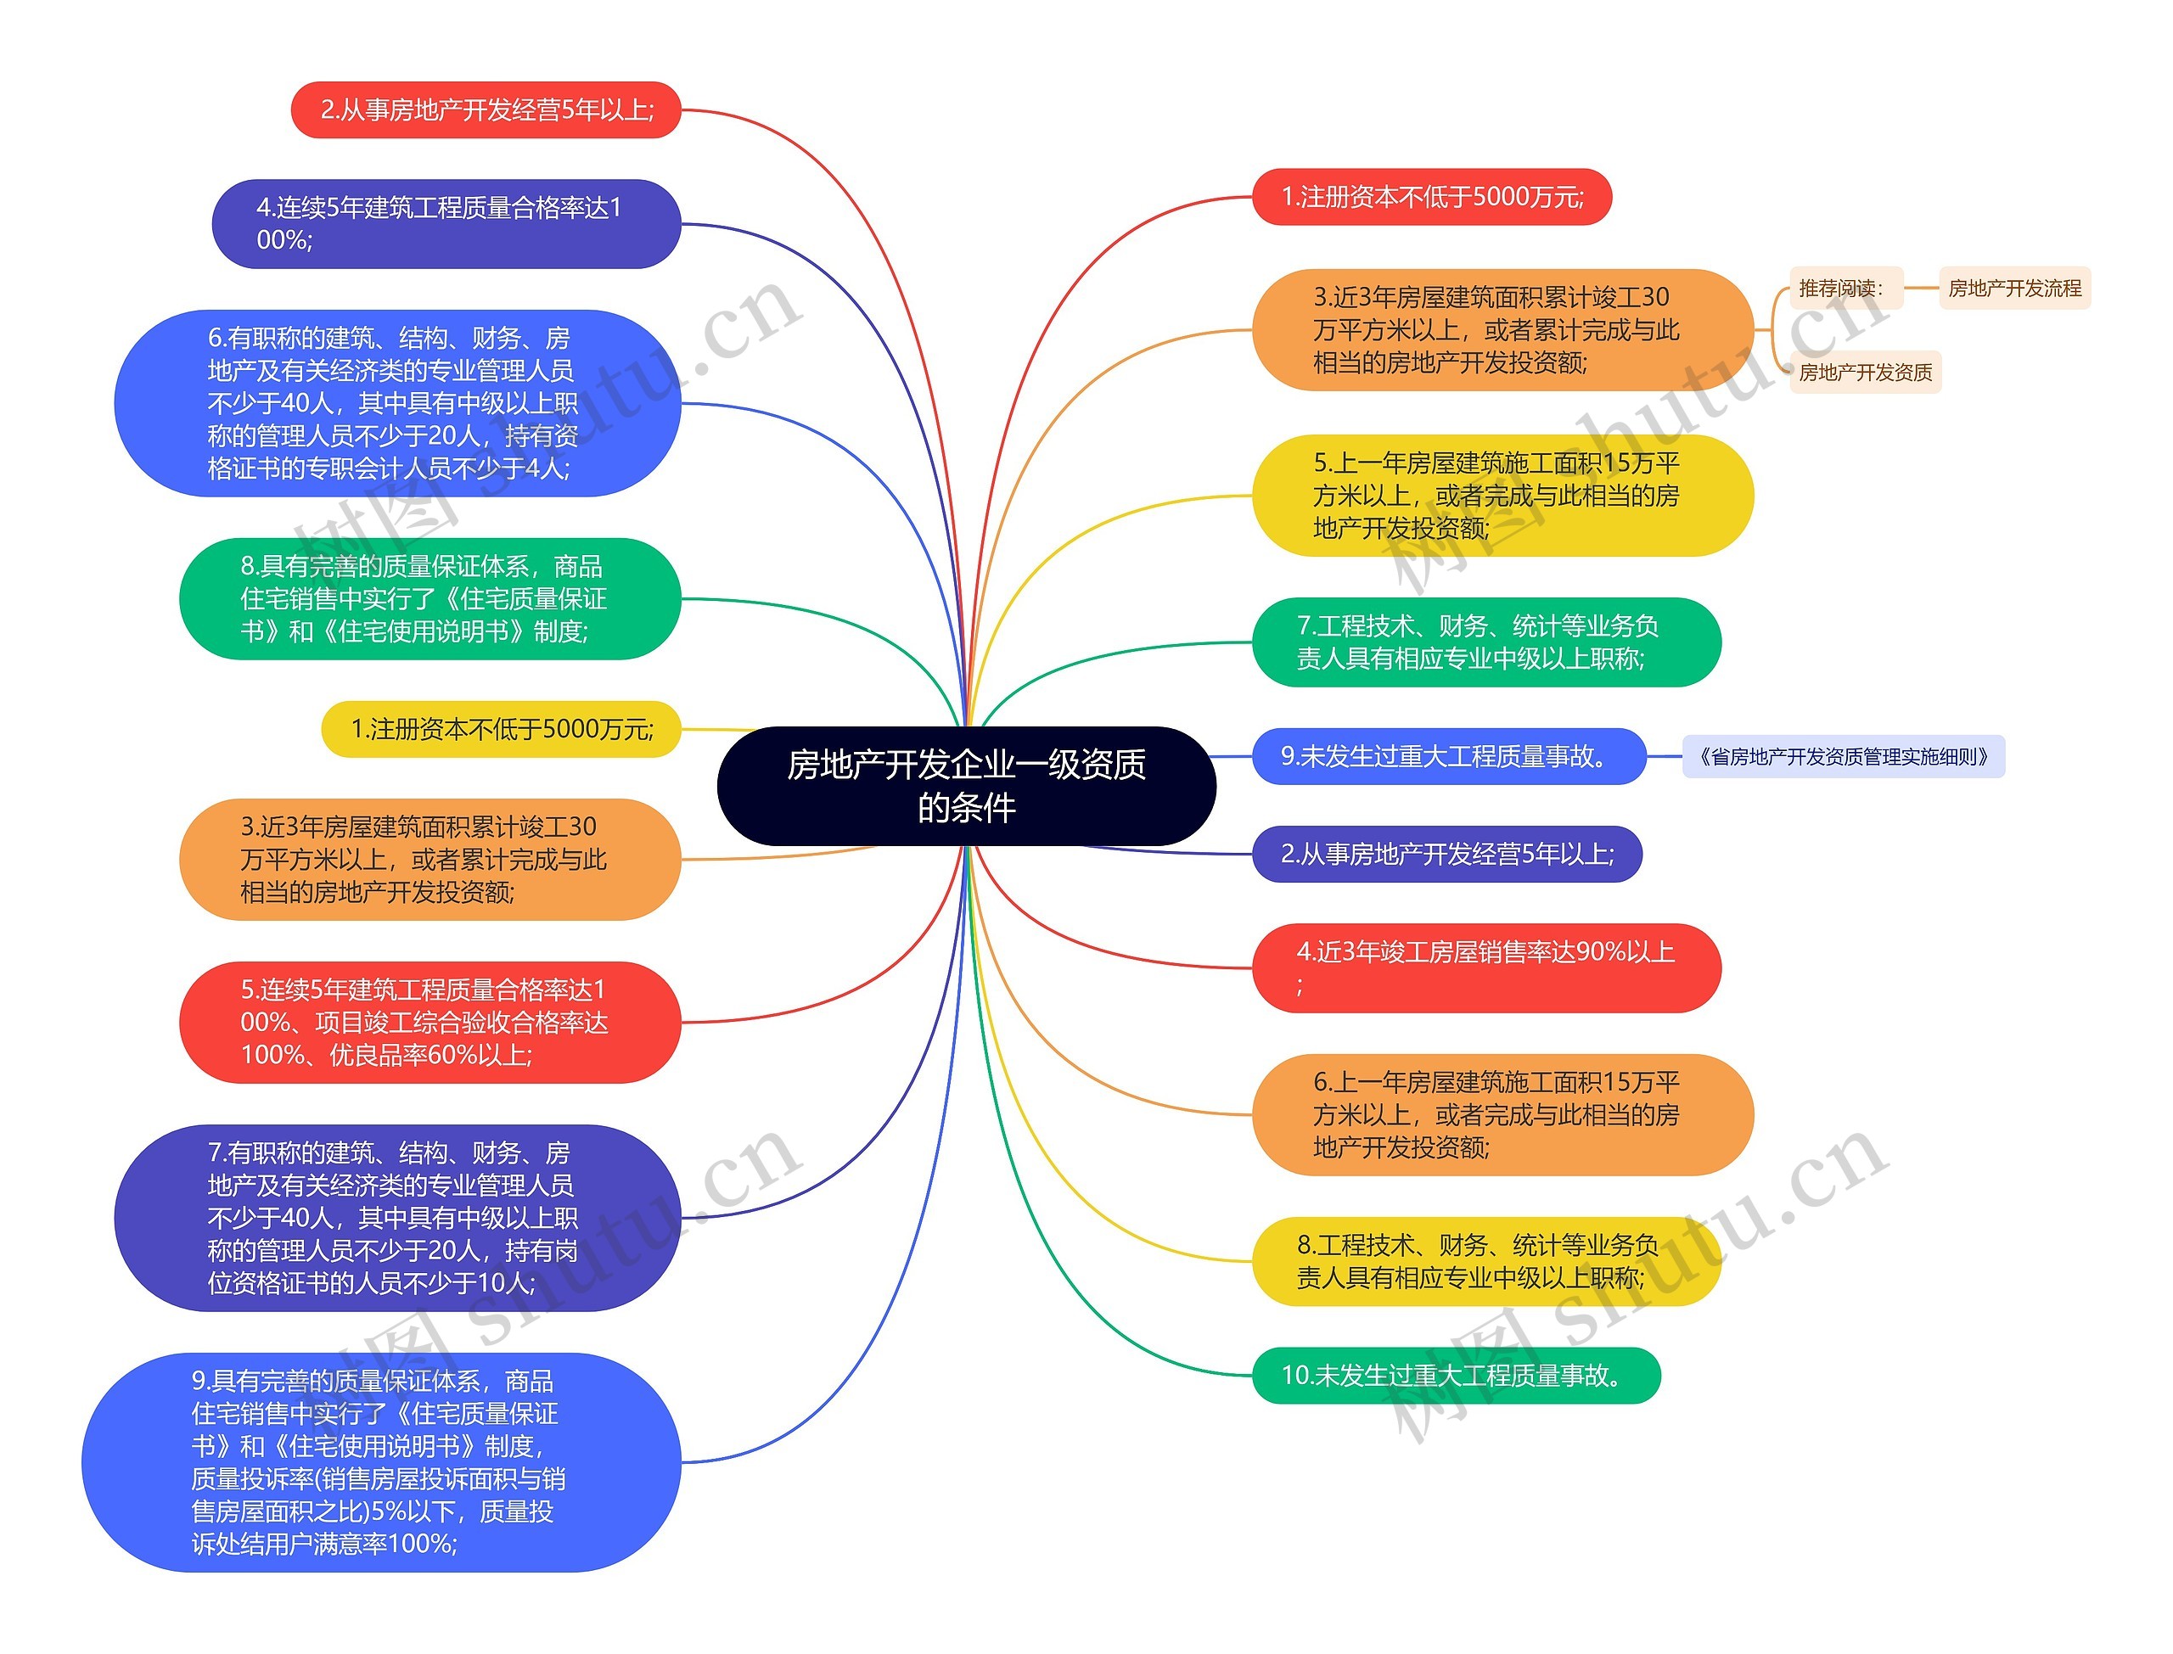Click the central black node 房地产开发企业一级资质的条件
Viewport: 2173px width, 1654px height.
966,786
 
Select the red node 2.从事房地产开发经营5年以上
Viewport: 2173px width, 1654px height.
486,109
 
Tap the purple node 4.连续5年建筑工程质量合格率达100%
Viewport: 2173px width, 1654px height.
446,223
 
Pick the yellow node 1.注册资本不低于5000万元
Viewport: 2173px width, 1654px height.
501,728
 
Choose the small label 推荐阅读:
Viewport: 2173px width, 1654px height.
1840,289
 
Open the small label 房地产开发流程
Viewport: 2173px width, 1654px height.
2013,289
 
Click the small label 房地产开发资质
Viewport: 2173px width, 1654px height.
1864,373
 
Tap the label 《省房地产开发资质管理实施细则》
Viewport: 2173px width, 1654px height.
1842,756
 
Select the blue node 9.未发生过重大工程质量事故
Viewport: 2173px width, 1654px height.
1447,756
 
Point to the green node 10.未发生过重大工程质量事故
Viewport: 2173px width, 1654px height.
1455,1375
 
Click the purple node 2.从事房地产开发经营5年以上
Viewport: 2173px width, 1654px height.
1446,854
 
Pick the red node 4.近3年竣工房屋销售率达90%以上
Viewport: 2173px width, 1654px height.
1485,967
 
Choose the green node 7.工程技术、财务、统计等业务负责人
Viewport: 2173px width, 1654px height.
1485,642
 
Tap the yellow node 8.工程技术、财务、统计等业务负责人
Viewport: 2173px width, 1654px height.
1485,1261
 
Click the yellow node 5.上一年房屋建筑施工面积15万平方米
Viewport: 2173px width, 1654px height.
1502,496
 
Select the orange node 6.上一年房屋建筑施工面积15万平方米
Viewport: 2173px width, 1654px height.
1502,1114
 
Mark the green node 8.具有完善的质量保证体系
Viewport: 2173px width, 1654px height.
430,598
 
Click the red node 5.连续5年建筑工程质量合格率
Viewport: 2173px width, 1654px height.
430,1022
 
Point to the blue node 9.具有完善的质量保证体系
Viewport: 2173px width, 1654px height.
381,1462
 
